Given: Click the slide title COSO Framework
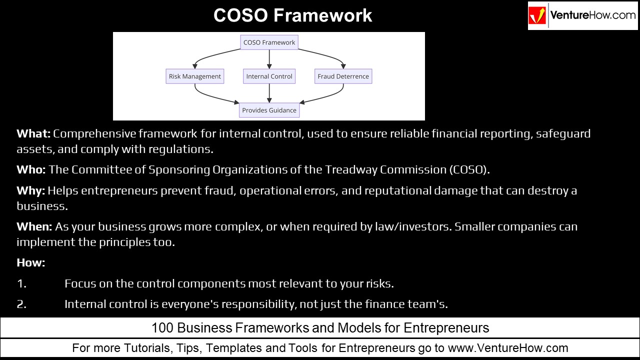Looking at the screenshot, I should tap(292, 15).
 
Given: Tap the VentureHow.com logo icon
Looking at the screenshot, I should tap(538, 16).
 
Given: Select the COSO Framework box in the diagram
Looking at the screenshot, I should tap(269, 42).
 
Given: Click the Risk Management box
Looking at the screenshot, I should tap(194, 76).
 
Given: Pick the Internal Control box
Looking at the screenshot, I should tap(269, 76).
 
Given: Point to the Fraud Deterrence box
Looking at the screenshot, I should tap(343, 76).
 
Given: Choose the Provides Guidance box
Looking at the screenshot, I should tap(269, 110).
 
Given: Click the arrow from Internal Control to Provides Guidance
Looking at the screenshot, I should tap(269, 93).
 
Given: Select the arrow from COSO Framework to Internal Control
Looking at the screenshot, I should tap(269, 59).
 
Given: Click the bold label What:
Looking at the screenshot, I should tap(33, 133).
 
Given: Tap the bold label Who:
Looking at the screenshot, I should tap(31, 169).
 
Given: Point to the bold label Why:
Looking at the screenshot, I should tap(30, 190).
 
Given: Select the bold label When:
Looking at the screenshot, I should tap(34, 226).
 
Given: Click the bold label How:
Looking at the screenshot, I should tap(30, 262).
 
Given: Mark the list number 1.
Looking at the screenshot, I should tap(21, 283).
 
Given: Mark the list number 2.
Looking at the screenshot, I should tap(21, 303).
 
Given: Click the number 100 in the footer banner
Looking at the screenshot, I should tap(162, 328).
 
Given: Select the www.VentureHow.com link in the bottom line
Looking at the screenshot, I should tap(508, 348).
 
